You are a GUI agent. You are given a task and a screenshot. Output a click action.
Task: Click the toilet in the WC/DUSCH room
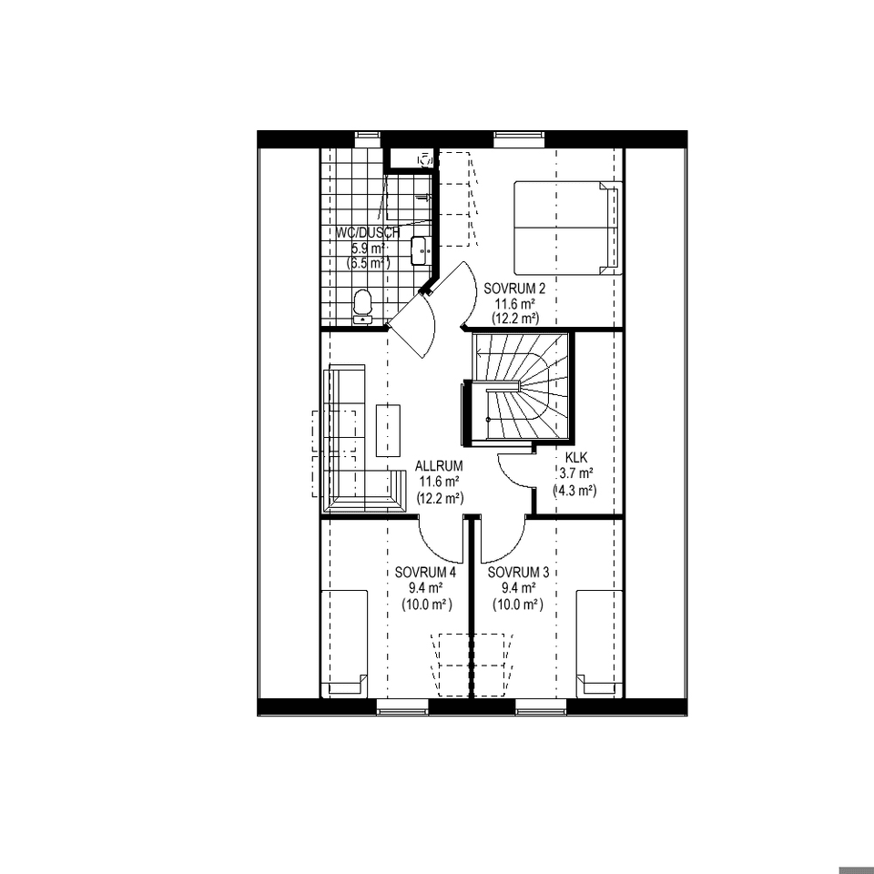(362, 306)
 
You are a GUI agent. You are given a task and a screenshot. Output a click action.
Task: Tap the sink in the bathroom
(420, 250)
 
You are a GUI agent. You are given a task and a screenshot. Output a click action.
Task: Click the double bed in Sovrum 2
(567, 228)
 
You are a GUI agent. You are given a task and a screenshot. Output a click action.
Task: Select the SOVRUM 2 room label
(513, 289)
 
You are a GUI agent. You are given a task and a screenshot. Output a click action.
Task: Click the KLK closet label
(576, 458)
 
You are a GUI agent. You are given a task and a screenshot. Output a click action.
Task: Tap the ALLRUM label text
(439, 465)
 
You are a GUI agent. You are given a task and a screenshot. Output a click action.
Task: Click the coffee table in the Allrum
(389, 431)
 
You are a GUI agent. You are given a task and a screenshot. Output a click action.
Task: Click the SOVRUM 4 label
(425, 573)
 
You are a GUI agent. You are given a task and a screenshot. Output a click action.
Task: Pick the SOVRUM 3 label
(518, 573)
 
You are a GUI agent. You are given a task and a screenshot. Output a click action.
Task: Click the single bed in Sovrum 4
(345, 644)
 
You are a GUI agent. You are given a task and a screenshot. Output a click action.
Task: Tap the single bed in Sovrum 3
(599, 644)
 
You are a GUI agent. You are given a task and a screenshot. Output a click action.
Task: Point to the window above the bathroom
(367, 135)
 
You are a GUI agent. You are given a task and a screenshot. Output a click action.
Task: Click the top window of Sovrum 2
(519, 135)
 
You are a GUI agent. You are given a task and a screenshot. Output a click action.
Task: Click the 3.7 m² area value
(576, 473)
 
